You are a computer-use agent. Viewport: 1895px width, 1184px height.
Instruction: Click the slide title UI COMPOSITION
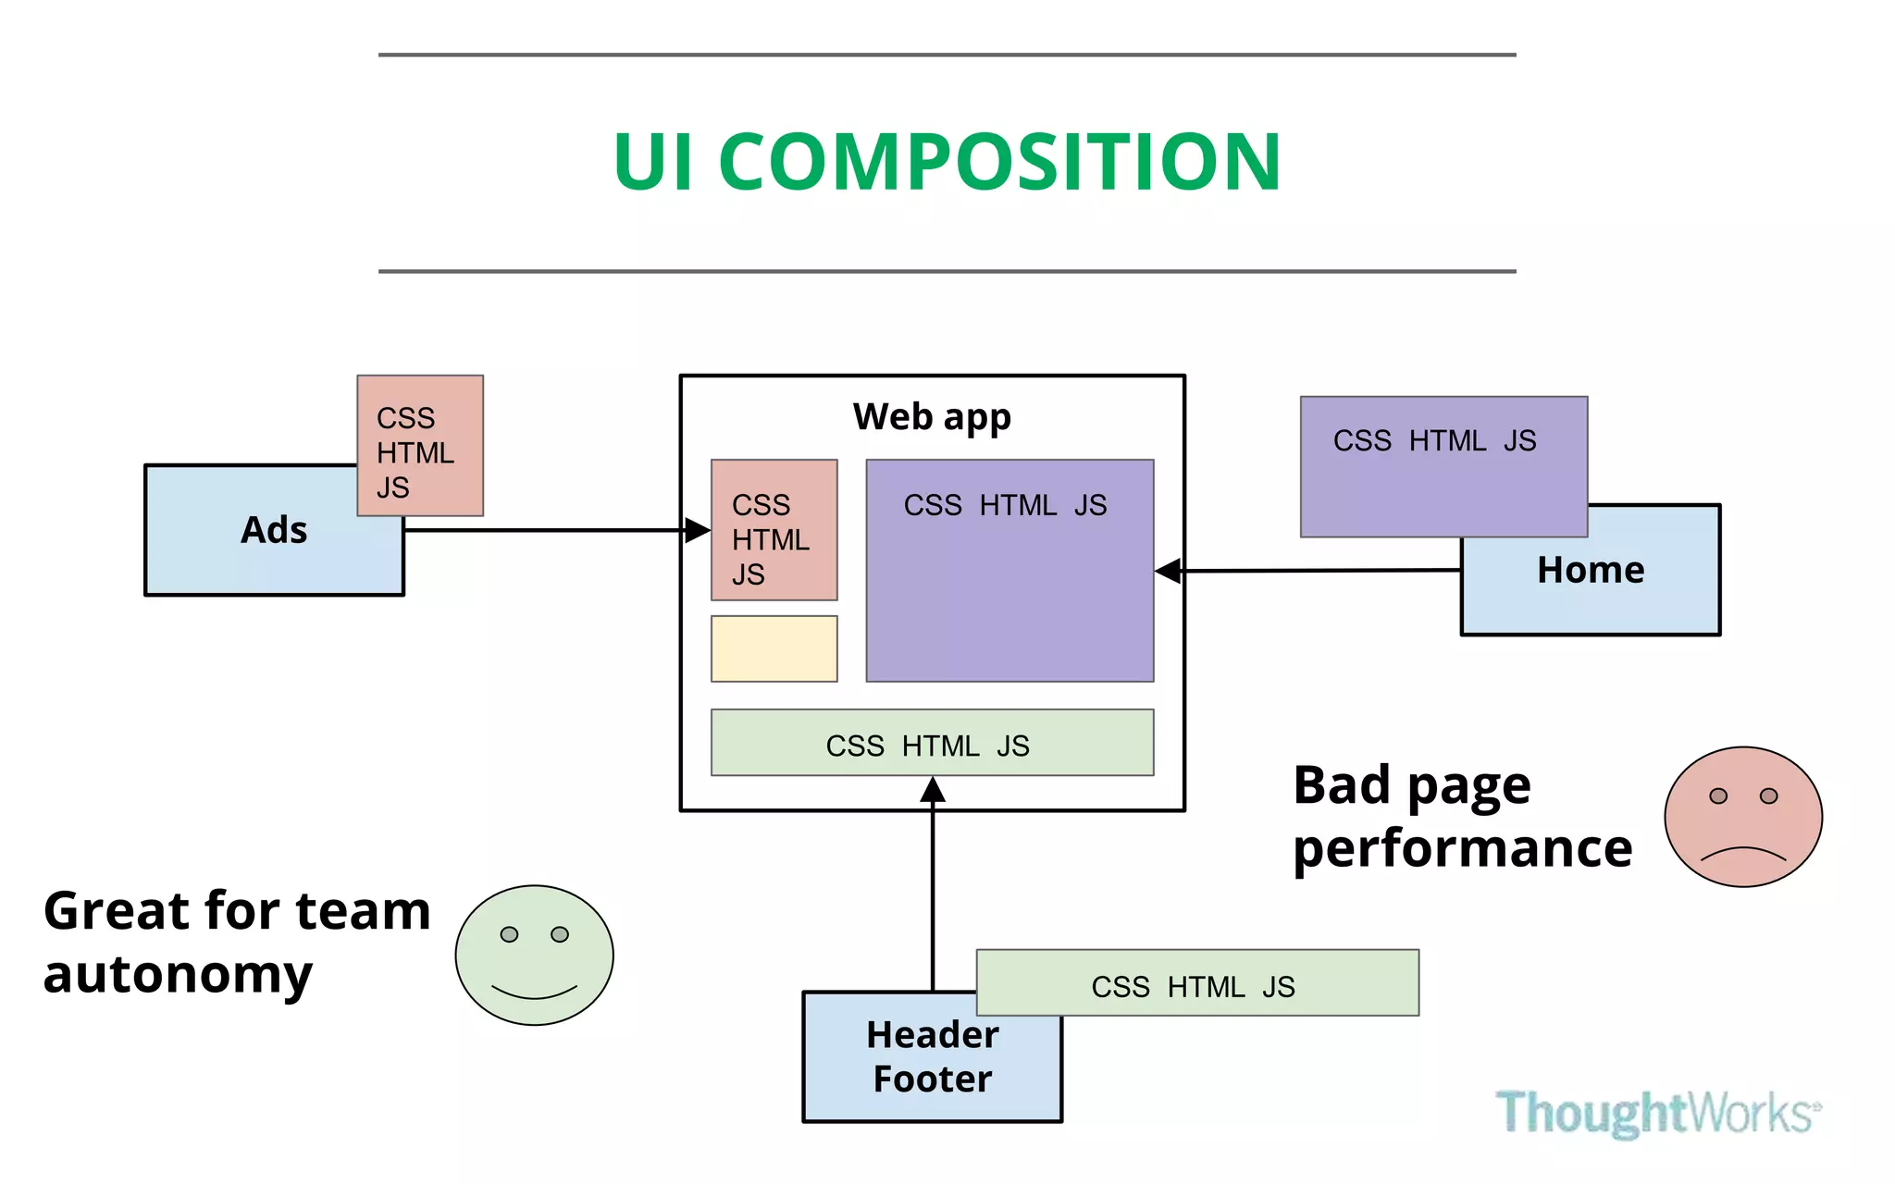(947, 163)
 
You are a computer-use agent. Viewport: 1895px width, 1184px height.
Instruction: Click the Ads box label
(274, 530)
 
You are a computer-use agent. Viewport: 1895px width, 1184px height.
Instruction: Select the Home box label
(1591, 570)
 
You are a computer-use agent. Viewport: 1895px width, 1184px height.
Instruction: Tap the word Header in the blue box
(932, 1034)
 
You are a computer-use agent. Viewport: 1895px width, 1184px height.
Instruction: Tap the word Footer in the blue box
(932, 1079)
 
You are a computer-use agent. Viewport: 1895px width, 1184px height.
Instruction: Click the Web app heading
(932, 417)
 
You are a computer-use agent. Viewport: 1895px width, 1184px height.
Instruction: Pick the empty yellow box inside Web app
(774, 649)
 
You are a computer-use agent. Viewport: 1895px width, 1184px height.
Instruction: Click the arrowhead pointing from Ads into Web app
(698, 530)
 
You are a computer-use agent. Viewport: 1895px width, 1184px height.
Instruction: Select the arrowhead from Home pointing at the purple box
(1169, 571)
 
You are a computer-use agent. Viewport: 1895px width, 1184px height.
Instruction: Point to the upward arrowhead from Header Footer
(933, 790)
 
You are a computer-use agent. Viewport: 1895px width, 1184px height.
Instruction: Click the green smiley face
(534, 956)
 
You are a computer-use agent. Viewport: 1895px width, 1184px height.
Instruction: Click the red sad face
(1742, 817)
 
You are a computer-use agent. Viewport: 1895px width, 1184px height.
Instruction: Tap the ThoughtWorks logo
(1656, 1112)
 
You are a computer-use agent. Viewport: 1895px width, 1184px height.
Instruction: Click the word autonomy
(178, 975)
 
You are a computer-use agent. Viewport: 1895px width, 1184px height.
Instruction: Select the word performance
(1462, 848)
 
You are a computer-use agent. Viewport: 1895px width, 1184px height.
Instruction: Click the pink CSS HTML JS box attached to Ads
(420, 446)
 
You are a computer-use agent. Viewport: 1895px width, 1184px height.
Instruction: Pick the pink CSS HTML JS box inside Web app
(774, 530)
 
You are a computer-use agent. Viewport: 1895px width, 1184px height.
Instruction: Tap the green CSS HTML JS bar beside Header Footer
(1196, 983)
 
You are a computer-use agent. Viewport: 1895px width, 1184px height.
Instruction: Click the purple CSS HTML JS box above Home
(1443, 467)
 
